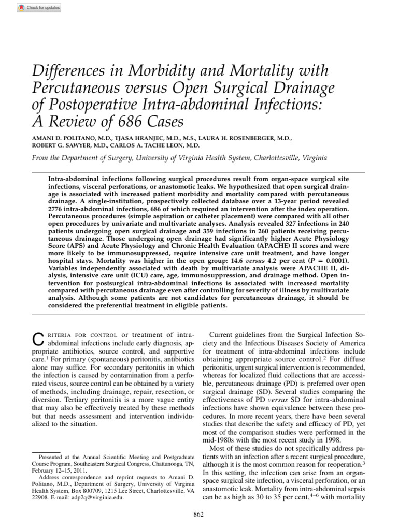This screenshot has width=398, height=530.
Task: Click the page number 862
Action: pos(198,513)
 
